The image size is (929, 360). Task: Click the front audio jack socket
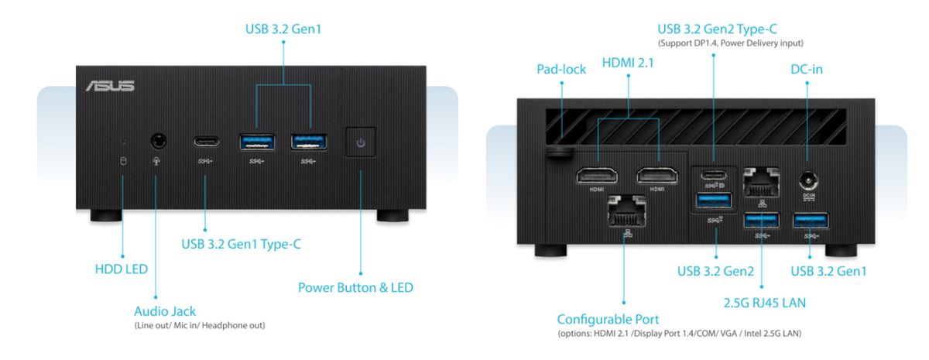[159, 142]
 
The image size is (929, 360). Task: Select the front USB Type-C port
[206, 142]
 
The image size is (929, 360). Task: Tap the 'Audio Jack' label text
[165, 311]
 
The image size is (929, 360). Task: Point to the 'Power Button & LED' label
[355, 287]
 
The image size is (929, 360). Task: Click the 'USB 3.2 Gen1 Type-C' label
[241, 244]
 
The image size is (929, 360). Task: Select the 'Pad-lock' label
[561, 69]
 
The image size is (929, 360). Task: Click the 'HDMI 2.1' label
[628, 63]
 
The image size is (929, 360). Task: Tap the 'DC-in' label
[807, 69]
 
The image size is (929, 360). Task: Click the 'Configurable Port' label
[608, 319]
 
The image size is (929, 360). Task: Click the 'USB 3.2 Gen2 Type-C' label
[717, 29]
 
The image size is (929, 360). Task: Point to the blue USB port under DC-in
[811, 221]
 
